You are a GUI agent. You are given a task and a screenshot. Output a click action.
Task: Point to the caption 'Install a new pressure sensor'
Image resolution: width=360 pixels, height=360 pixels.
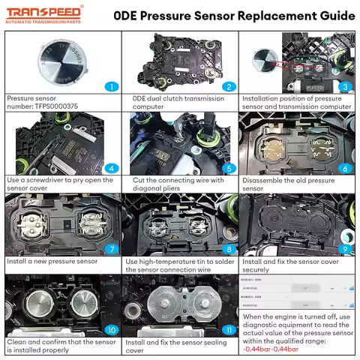pos(52,262)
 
